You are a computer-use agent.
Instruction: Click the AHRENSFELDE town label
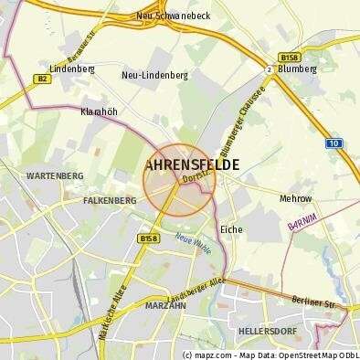pos(193,165)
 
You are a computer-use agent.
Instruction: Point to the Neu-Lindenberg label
pos(151,76)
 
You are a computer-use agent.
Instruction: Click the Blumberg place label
pos(296,68)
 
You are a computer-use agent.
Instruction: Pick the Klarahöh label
pos(99,111)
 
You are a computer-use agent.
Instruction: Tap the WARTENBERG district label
pos(55,175)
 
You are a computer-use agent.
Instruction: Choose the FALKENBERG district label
pos(110,198)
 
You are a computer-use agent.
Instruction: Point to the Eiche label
pos(231,229)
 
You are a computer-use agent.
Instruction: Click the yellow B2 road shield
pos(42,79)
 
